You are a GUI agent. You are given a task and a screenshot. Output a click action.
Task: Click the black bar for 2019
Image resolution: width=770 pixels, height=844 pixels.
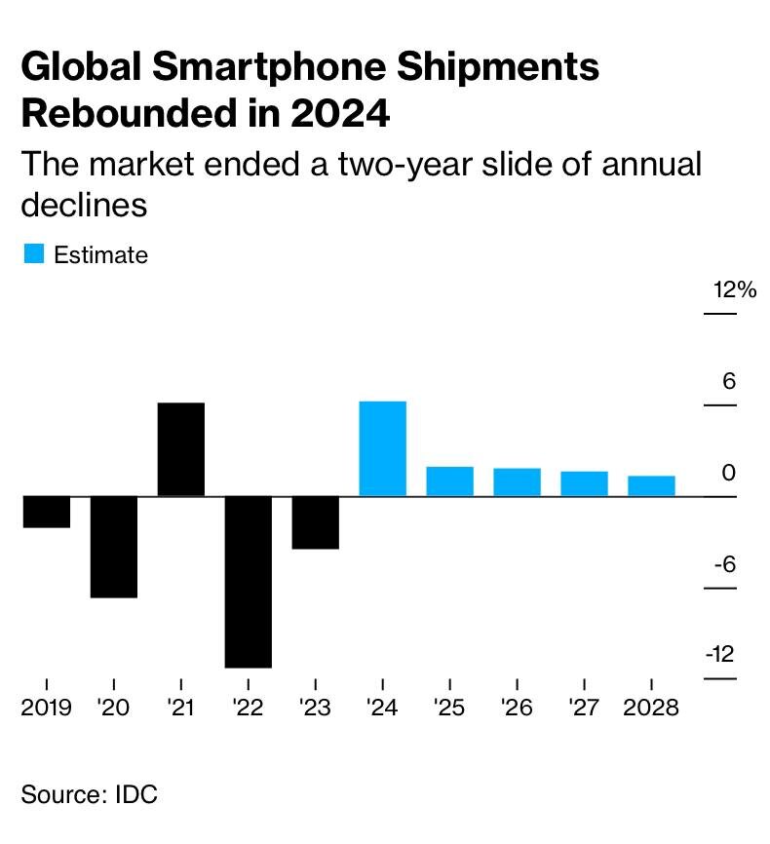tap(46, 513)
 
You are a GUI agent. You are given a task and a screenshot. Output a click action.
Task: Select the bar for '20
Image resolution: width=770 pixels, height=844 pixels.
tap(113, 547)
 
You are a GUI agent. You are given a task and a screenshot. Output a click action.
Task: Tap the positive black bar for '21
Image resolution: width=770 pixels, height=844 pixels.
tap(180, 449)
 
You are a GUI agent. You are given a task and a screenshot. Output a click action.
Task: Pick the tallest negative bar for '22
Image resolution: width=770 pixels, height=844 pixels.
tap(248, 582)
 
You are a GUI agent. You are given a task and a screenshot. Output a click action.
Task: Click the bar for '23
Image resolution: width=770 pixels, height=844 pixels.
tap(315, 522)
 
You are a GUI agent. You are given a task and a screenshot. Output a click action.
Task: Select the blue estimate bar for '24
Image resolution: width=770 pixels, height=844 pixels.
tap(382, 448)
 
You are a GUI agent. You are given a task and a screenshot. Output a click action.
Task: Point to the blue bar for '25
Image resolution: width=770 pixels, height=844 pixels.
tap(449, 481)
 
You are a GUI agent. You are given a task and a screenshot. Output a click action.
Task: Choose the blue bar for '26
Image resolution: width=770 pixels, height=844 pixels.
tap(517, 482)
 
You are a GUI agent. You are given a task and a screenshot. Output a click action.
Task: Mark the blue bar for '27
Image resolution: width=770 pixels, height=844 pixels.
tap(584, 483)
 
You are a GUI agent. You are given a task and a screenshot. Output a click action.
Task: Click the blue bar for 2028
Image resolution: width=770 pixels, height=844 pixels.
tap(651, 485)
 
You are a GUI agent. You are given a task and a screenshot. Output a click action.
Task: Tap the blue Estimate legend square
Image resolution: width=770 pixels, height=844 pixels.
tap(33, 254)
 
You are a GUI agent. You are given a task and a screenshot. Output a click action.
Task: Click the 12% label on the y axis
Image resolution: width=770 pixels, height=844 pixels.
tap(734, 290)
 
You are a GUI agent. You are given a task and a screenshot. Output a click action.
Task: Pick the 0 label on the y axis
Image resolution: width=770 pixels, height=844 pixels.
tap(728, 474)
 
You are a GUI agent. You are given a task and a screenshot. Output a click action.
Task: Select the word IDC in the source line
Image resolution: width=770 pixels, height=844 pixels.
tap(135, 794)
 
